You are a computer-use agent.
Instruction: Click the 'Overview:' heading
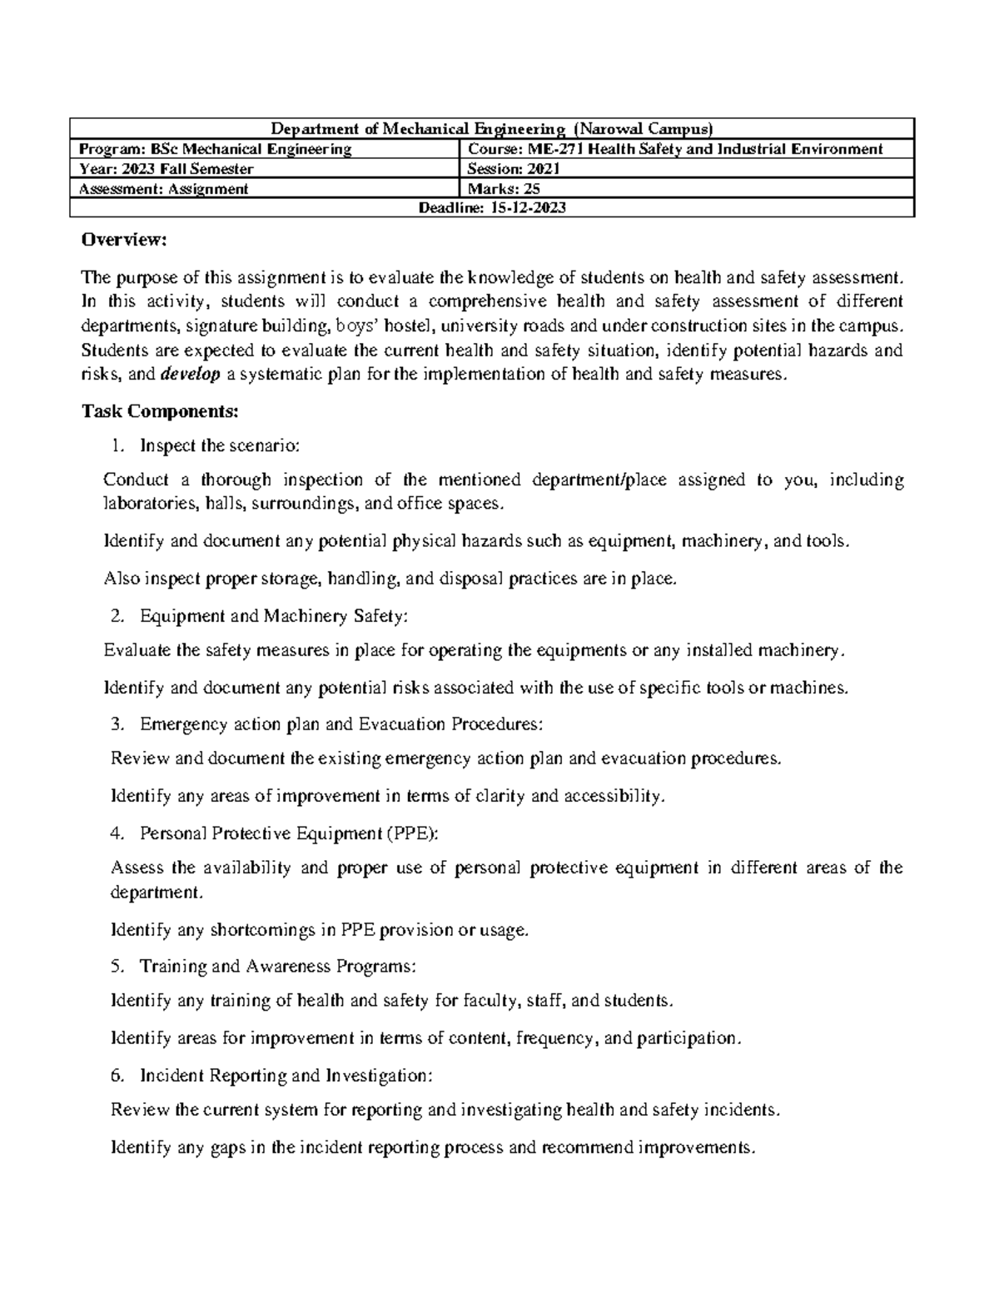pos(124,241)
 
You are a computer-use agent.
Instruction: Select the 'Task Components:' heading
pos(160,411)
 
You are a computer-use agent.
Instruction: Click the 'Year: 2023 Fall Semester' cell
pos(166,169)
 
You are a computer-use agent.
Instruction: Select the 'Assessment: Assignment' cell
pos(163,188)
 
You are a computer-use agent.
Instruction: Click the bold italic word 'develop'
pos(191,375)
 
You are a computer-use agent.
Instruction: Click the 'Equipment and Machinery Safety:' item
pos(274,616)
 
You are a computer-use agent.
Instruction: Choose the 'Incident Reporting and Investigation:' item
pos(286,1076)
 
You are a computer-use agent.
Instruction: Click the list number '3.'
pos(117,724)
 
